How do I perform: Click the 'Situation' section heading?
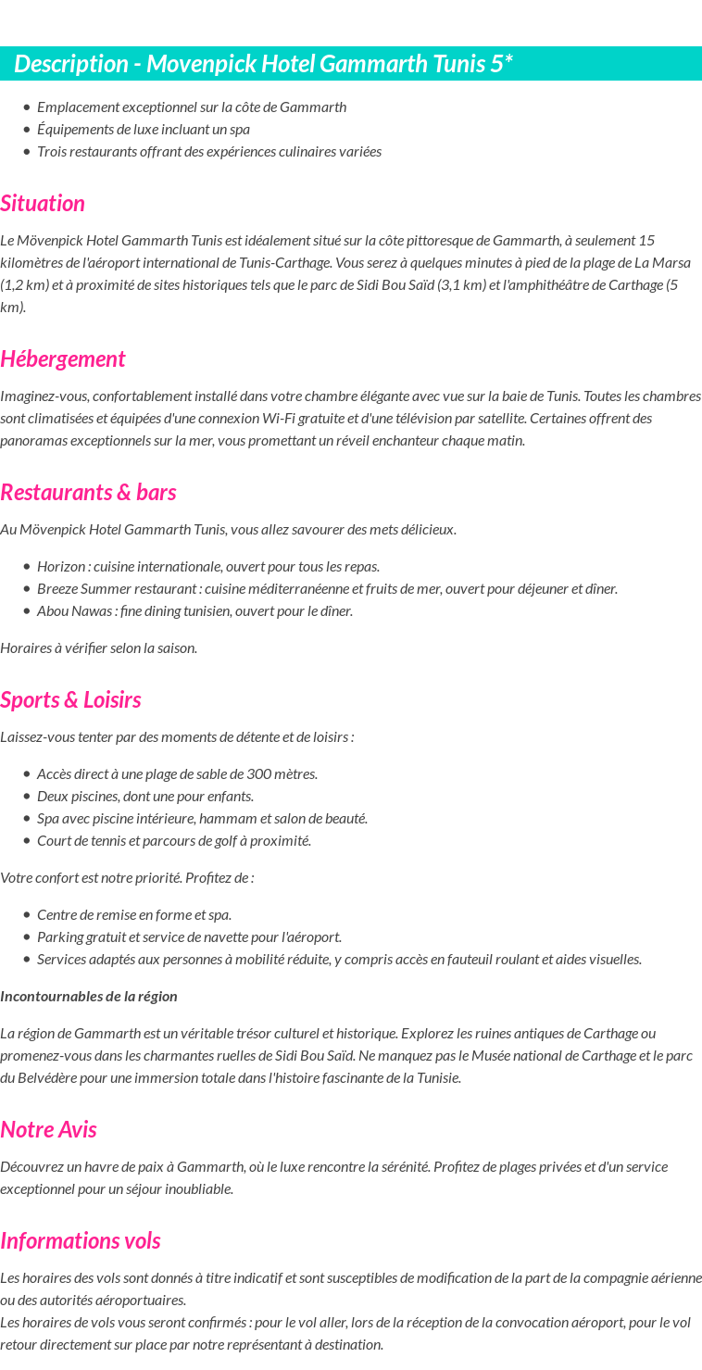click(x=43, y=203)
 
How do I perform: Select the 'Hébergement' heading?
click(x=62, y=358)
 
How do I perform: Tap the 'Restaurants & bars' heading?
click(x=88, y=492)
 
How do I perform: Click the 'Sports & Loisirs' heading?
click(x=70, y=699)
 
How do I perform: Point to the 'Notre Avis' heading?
click(x=48, y=1129)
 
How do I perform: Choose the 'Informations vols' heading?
click(x=80, y=1240)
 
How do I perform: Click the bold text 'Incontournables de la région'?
click(x=89, y=996)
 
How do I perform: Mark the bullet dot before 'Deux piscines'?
click(x=27, y=797)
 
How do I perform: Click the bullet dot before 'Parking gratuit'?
click(x=27, y=937)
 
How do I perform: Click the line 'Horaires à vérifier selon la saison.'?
click(x=98, y=647)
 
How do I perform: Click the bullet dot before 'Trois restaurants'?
click(x=27, y=152)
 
